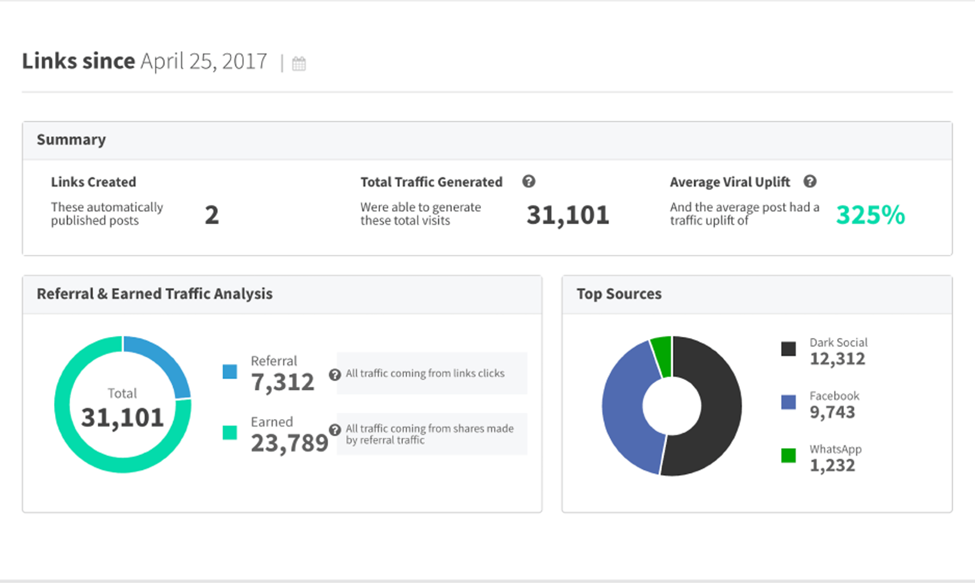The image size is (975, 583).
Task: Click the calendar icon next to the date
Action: click(299, 64)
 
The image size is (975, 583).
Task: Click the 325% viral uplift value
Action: click(870, 215)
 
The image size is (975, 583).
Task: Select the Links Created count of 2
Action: click(212, 215)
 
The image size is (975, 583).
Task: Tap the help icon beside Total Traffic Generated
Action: click(529, 182)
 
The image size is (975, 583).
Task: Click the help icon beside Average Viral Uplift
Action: click(810, 182)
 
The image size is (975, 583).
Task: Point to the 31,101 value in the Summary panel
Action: click(568, 215)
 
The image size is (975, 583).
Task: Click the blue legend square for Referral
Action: click(230, 372)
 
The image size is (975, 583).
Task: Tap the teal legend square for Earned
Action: click(230, 432)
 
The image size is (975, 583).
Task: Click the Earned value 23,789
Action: click(289, 443)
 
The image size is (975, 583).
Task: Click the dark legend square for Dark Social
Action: click(788, 349)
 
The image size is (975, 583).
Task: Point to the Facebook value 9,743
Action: click(832, 412)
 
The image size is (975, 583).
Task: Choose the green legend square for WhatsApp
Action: click(788, 455)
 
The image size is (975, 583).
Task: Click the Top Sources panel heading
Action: click(619, 294)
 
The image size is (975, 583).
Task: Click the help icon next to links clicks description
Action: click(335, 375)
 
